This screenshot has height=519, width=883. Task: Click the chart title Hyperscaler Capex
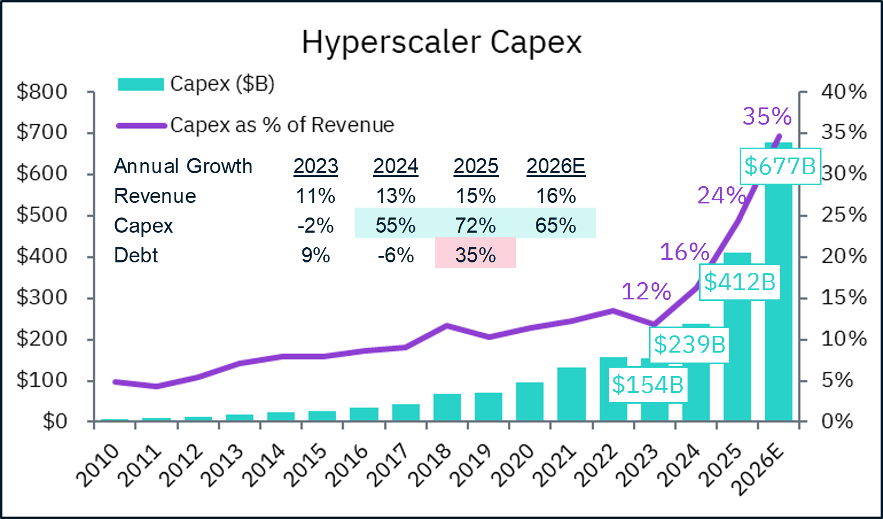pyautogui.click(x=441, y=43)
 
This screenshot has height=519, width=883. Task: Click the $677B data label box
pyautogui.click(x=780, y=166)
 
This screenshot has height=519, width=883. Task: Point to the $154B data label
pyautogui.click(x=647, y=385)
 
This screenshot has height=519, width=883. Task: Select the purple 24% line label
pyautogui.click(x=721, y=196)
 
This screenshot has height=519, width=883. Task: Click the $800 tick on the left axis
pyautogui.click(x=42, y=92)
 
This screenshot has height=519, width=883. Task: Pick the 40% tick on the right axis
pyautogui.click(x=843, y=92)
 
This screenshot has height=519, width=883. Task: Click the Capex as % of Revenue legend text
pyautogui.click(x=282, y=125)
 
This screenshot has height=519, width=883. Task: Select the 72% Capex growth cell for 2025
pyautogui.click(x=475, y=225)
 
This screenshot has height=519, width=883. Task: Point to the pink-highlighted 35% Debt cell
pyautogui.click(x=475, y=255)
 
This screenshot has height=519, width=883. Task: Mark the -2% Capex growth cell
pyautogui.click(x=315, y=225)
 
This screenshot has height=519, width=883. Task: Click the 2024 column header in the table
pyautogui.click(x=396, y=166)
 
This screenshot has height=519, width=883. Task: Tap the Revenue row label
pyautogui.click(x=155, y=196)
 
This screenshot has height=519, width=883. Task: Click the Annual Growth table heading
pyautogui.click(x=183, y=166)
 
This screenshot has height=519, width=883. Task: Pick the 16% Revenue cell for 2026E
pyautogui.click(x=556, y=196)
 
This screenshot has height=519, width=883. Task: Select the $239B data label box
pyautogui.click(x=689, y=345)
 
